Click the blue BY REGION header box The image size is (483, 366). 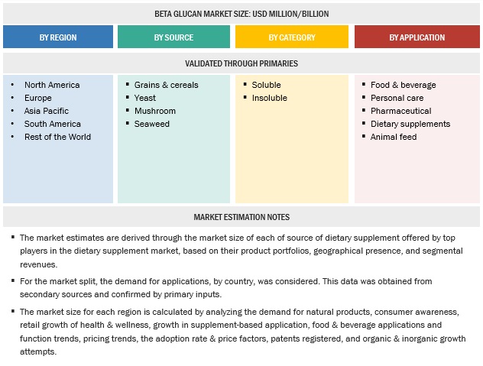(58, 37)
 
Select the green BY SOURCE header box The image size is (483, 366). (173, 37)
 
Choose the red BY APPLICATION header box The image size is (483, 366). (417, 37)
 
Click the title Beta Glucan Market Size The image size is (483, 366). (241, 13)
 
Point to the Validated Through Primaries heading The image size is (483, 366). (241, 63)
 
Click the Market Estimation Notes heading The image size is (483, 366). (241, 217)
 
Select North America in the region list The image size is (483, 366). (52, 85)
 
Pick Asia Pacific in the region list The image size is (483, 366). (46, 111)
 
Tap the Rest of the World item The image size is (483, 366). (57, 137)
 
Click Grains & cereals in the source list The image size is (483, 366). (166, 85)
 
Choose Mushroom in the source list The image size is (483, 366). (154, 111)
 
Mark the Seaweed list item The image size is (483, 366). (151, 124)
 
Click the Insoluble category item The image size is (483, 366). (269, 98)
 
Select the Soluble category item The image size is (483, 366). (266, 85)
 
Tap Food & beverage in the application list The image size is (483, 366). (403, 85)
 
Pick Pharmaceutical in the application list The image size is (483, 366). (400, 111)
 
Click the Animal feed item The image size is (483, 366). (393, 137)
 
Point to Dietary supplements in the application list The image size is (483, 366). (410, 124)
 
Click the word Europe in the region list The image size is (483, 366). (38, 98)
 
